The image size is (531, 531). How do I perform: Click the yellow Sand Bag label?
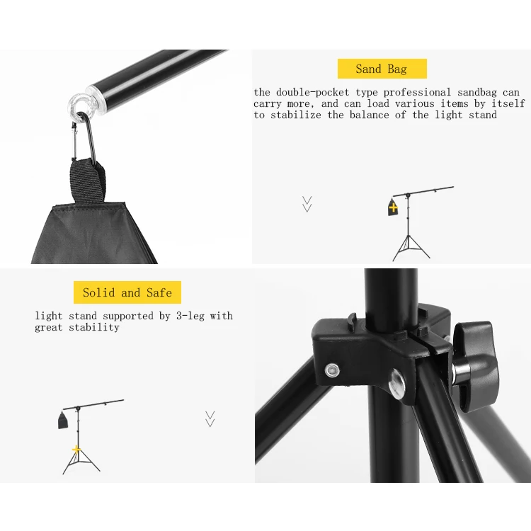382,69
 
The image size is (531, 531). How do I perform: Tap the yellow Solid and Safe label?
127,292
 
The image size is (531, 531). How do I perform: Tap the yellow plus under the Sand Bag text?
393,208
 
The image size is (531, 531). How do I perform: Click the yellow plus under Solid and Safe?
76,450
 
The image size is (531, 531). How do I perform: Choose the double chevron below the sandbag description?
307,204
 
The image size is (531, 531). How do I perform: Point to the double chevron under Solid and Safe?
210,418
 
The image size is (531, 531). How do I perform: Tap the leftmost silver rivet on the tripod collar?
331,370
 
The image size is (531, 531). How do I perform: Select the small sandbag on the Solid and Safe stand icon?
63,422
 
